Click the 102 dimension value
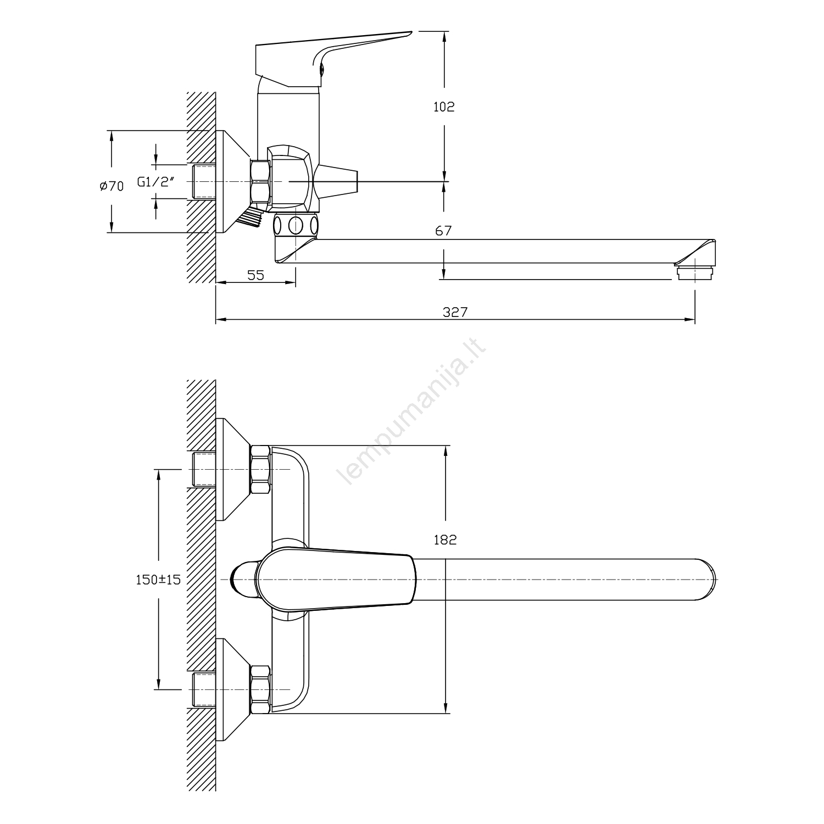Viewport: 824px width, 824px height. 444,107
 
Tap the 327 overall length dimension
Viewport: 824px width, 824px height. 455,312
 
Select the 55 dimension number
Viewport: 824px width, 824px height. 255,275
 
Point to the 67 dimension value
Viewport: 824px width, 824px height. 443,231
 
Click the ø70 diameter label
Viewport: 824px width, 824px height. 112,186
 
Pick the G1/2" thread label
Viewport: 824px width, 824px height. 155,182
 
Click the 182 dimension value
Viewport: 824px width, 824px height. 445,540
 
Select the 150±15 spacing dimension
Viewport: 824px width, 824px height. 158,579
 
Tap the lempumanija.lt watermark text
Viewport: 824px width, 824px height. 415,416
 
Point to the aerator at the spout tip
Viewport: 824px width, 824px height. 695,272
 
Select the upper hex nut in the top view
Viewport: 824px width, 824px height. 260,470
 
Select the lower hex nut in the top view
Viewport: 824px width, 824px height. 260,689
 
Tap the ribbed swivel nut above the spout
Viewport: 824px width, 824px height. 296,225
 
